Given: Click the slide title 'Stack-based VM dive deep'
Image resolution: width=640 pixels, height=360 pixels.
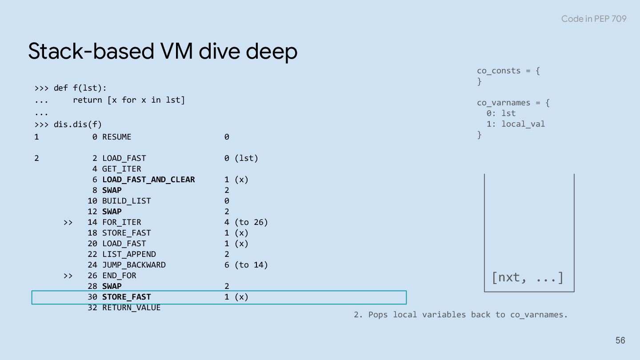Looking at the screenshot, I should pos(163,51).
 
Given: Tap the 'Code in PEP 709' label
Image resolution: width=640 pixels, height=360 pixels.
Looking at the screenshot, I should pos(593,19).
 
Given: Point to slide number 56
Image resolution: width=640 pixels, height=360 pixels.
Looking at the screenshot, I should pos(620,340).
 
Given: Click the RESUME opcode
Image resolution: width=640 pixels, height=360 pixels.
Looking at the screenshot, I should pos(117,137).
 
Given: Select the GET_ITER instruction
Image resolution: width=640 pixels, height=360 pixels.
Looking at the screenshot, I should pos(121,169).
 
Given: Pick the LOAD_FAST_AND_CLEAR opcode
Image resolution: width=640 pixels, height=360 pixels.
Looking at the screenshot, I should pos(148,180).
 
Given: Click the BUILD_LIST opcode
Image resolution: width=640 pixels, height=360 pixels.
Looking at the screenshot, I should pos(126,201).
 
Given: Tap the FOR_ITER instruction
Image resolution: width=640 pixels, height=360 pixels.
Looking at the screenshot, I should pos(121,222).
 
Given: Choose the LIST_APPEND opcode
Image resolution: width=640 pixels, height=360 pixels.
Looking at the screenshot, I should pos(129,254).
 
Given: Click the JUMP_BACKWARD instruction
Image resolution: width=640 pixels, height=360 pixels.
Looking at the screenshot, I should pos(134,265).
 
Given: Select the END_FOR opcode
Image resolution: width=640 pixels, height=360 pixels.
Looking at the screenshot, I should pos(119,276).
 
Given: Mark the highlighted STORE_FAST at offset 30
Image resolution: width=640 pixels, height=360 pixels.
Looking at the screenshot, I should pos(126,297).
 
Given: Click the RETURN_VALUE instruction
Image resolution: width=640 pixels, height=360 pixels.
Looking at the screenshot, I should pos(131,308).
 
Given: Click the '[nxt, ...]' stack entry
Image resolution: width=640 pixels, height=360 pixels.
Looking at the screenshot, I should pos(528,278).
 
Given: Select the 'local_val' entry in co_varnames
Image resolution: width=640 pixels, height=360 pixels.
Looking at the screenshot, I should pos(523,124).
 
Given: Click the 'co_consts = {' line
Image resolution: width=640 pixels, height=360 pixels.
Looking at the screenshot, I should pos(508,71).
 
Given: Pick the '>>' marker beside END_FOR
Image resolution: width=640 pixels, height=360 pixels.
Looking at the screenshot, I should pos(68,276).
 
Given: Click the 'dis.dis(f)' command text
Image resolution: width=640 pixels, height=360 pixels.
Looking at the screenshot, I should pos(78,124).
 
